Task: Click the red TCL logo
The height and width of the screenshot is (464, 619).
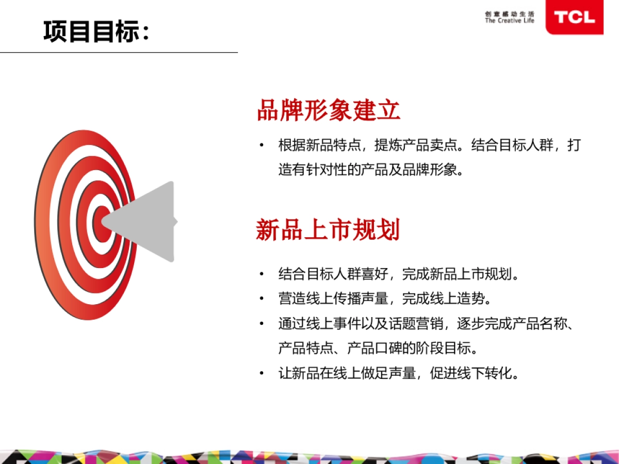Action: pos(575,17)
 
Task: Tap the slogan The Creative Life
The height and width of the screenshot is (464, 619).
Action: pos(510,21)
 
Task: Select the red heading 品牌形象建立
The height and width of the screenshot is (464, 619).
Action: pos(329,110)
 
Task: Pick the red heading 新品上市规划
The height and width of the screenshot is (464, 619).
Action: pos(328,229)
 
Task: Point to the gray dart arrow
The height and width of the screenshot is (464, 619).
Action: pos(140,222)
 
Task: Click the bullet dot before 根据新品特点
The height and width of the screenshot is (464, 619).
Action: pos(262,145)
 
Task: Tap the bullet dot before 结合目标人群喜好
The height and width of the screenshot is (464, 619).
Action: pos(262,274)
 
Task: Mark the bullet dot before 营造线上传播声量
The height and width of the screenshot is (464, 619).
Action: pos(262,298)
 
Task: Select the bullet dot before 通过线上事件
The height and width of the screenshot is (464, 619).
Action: pos(262,323)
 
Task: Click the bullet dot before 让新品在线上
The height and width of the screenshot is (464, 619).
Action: pos(262,373)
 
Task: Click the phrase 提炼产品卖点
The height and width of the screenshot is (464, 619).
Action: pos(415,145)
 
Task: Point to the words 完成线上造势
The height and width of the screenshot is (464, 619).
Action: pos(443,299)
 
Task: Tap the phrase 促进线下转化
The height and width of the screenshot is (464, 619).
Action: pos(470,373)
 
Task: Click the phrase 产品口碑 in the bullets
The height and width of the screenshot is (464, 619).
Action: pos(374,348)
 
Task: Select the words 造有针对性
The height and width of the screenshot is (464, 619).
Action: pos(313,170)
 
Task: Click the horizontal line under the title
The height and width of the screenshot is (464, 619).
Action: pos(119,53)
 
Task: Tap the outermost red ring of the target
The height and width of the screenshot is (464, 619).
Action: pos(42,225)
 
